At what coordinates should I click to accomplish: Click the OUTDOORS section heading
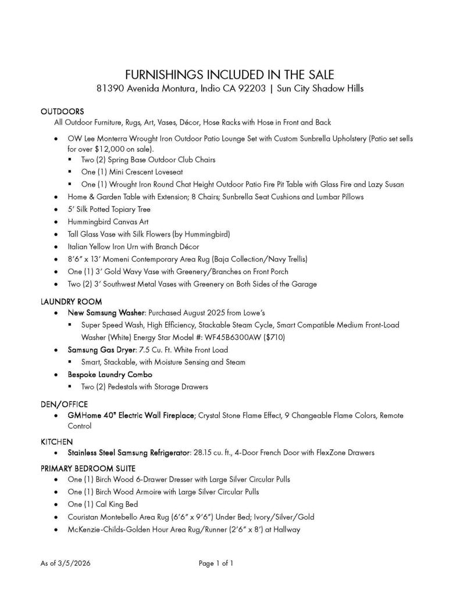tap(62, 111)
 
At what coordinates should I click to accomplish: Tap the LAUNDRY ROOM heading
tap(71, 301)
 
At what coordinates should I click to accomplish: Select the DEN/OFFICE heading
tap(64, 404)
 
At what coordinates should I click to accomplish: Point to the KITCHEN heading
tap(56, 442)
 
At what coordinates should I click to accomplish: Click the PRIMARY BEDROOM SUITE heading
tap(87, 468)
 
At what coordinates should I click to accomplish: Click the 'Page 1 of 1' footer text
tap(216, 563)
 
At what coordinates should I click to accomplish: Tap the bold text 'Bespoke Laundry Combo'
tap(110, 374)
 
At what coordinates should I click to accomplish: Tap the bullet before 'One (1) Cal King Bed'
tap(55, 505)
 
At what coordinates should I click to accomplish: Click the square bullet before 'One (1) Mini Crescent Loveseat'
tap(70, 172)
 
